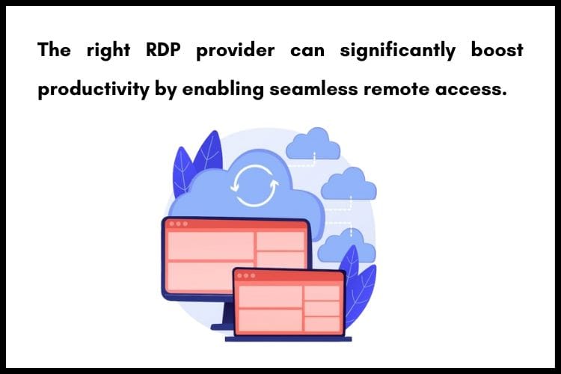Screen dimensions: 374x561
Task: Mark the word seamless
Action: (x=316, y=89)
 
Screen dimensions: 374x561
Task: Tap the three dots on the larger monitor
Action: (x=177, y=224)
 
